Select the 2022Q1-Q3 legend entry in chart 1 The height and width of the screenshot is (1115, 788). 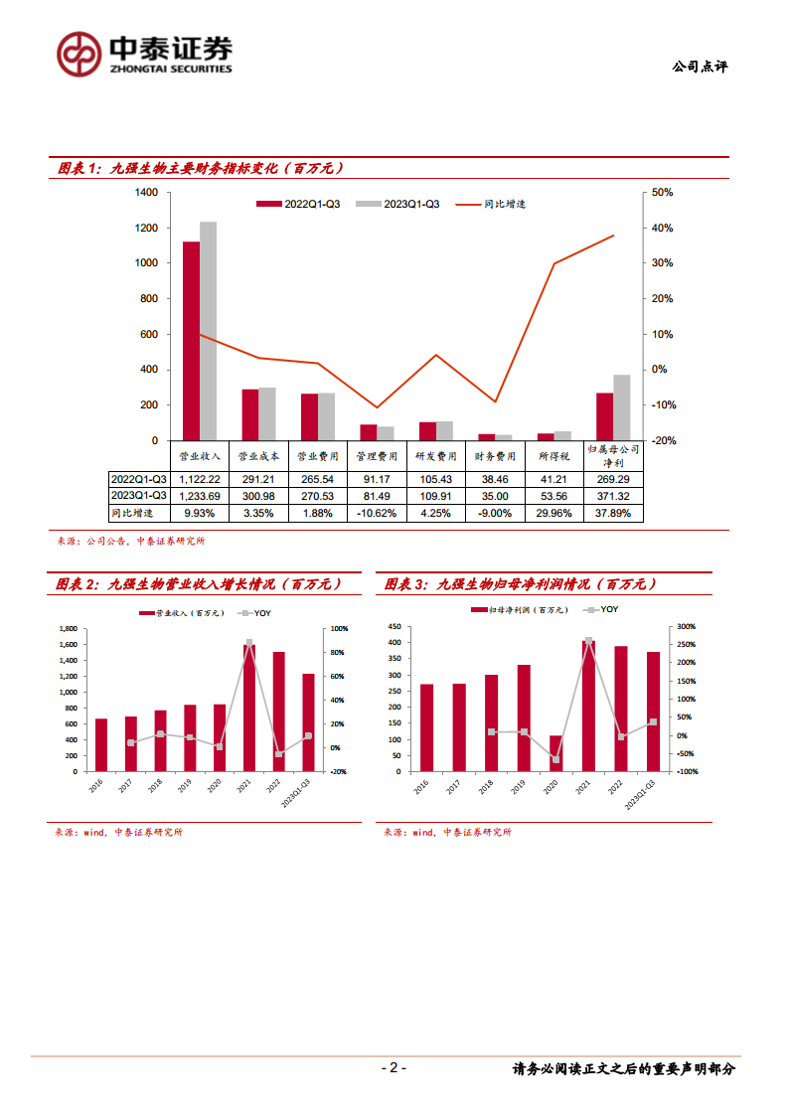[299, 204]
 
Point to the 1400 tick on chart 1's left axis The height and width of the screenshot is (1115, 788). [146, 192]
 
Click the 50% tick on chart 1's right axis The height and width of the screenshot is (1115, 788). [661, 192]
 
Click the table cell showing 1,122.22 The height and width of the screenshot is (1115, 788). [200, 479]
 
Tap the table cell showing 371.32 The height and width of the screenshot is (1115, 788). [613, 496]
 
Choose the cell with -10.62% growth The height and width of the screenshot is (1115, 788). [377, 513]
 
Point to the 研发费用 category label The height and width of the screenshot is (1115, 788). [436, 456]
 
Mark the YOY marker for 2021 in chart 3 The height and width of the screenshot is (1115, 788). [588, 641]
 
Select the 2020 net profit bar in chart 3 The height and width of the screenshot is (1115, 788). [555, 753]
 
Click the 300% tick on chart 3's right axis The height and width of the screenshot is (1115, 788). [687, 627]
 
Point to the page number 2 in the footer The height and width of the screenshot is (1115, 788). [394, 1068]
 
